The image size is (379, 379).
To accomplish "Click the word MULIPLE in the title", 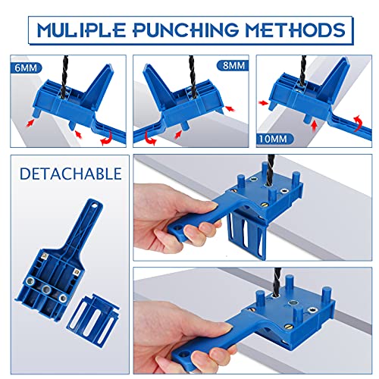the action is tap(81, 30).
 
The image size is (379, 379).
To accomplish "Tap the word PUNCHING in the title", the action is tap(186, 30).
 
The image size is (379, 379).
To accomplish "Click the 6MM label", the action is tap(26, 68).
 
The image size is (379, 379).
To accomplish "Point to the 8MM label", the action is tap(233, 66).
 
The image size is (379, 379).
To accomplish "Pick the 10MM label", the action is tap(274, 139).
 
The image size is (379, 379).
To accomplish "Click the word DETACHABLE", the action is tap(70, 174).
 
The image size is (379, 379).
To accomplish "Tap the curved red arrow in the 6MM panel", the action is tap(106, 138).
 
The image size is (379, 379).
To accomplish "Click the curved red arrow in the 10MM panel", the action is tap(359, 123).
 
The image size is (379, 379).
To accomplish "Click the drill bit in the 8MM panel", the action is tap(193, 74).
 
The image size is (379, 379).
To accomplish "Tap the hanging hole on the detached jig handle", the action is tap(95, 205).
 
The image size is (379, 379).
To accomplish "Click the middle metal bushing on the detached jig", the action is tap(46, 289).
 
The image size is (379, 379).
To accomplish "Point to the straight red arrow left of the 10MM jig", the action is tap(264, 102).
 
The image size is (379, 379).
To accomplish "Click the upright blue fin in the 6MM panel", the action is tap(97, 86).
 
